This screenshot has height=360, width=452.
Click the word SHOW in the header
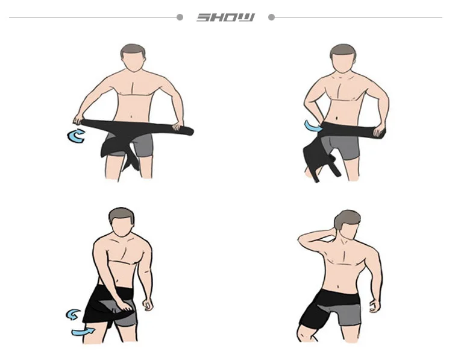(226, 17)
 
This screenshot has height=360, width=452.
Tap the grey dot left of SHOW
(180, 17)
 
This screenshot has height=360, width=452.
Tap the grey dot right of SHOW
(271, 17)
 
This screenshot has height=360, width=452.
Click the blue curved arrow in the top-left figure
(76, 136)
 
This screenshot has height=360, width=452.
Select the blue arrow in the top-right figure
(312, 127)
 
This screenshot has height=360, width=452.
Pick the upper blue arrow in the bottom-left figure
(73, 314)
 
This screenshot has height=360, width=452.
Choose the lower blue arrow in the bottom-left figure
(83, 332)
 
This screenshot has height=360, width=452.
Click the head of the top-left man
(133, 58)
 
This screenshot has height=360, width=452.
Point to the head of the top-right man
(343, 58)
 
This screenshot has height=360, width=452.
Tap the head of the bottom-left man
(121, 222)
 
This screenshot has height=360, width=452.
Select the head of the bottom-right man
(347, 224)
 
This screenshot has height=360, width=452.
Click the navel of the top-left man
(132, 117)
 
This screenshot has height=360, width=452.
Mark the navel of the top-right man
(337, 118)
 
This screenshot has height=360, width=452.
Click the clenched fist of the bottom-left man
(148, 305)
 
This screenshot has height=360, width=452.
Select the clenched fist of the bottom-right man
(375, 306)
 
